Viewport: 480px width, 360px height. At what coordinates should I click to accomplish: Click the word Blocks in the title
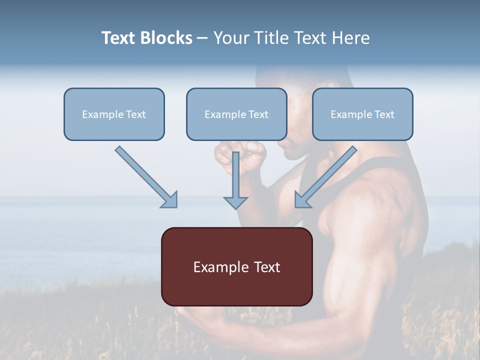167,38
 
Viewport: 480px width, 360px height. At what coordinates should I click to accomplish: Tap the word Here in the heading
350,38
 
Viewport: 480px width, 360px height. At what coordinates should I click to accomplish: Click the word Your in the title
230,38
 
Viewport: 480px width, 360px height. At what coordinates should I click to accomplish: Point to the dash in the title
203,38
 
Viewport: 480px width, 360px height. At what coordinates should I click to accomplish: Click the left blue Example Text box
114,114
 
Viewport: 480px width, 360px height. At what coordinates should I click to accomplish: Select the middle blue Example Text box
236,114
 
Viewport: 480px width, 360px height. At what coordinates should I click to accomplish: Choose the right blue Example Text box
362,114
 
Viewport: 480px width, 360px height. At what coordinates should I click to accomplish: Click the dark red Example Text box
236,266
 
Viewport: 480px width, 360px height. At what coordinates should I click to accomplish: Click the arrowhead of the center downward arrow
235,202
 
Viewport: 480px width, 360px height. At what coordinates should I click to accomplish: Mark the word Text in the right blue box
384,114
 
